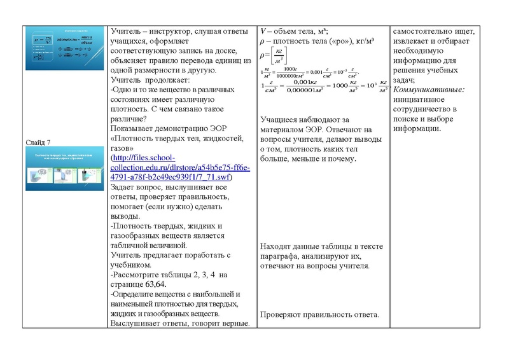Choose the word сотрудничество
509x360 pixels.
click(426, 109)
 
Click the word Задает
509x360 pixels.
click(125, 186)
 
